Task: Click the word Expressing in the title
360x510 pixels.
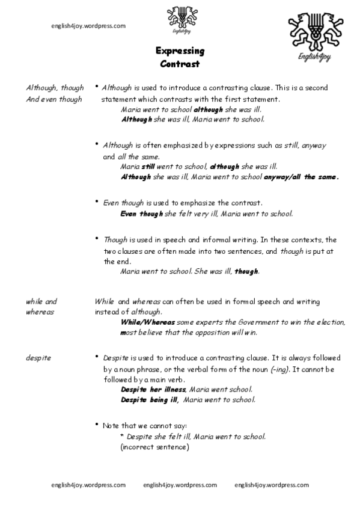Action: coord(180,51)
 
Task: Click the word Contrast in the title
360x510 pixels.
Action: coord(180,63)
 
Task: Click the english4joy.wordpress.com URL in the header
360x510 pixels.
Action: coord(88,26)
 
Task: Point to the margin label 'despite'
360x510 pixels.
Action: coord(38,358)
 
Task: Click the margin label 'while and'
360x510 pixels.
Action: coord(41,301)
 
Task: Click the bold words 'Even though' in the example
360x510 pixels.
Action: coord(138,214)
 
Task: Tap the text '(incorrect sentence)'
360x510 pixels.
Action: coord(155,447)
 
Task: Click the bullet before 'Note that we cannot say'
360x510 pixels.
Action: coord(97,425)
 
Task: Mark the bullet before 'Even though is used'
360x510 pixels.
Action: coord(97,203)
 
